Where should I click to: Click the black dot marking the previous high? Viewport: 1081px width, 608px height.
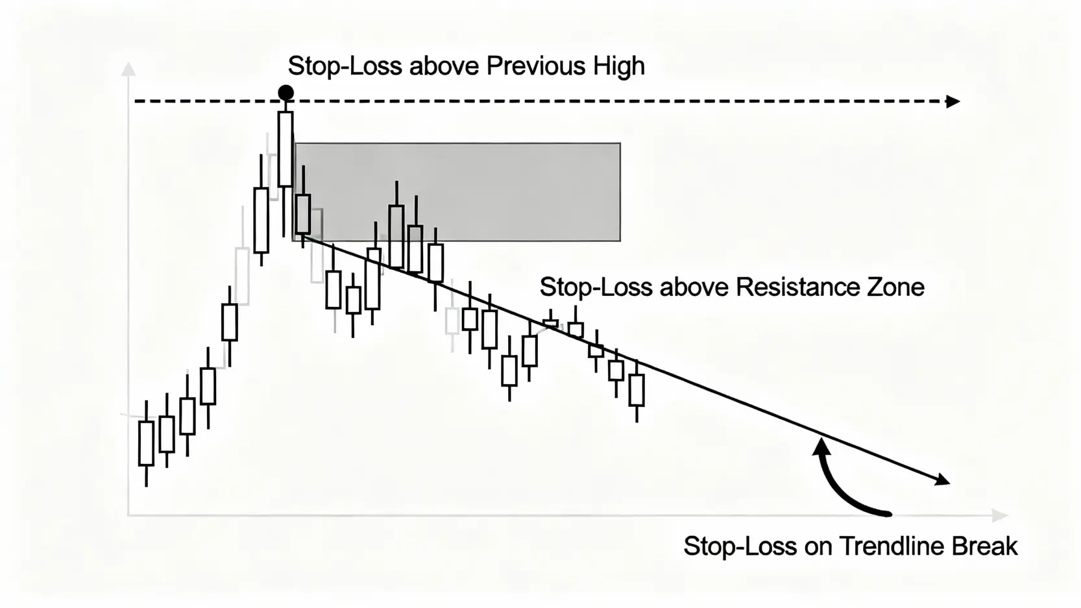click(x=285, y=92)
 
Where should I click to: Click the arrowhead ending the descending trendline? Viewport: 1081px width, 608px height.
click(x=943, y=480)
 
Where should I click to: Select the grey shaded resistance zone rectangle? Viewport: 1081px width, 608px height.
click(x=457, y=191)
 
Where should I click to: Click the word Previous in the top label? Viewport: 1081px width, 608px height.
click(x=536, y=66)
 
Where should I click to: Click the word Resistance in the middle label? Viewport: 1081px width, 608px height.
click(x=797, y=287)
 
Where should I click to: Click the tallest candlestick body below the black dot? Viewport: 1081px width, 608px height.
click(x=285, y=149)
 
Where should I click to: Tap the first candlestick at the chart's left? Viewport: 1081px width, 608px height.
click(x=146, y=443)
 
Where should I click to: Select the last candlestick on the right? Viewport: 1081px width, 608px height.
click(x=637, y=391)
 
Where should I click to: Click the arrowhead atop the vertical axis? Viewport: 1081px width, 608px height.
click(x=128, y=69)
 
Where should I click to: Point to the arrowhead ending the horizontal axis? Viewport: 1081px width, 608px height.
click(x=999, y=515)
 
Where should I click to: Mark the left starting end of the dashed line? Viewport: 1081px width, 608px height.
click(x=136, y=101)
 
